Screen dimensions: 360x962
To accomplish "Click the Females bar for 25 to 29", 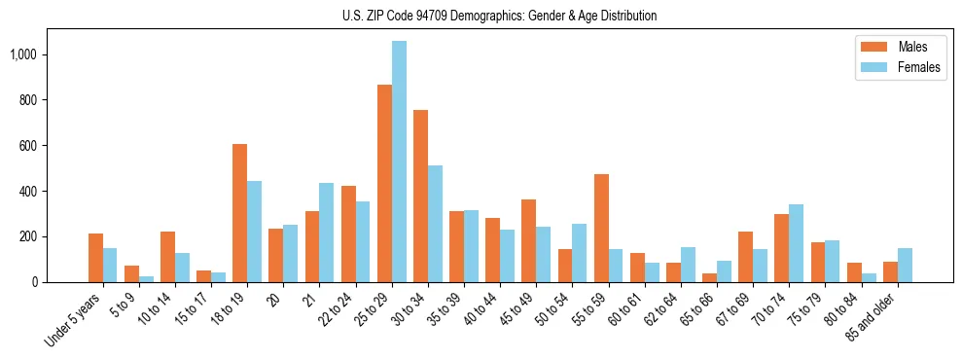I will [399, 162].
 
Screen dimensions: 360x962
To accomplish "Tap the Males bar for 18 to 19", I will [240, 213].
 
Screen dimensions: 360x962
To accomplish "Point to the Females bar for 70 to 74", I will [796, 243].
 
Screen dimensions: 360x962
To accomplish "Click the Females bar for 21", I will [327, 233].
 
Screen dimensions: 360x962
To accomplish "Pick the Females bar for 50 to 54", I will [580, 253].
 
